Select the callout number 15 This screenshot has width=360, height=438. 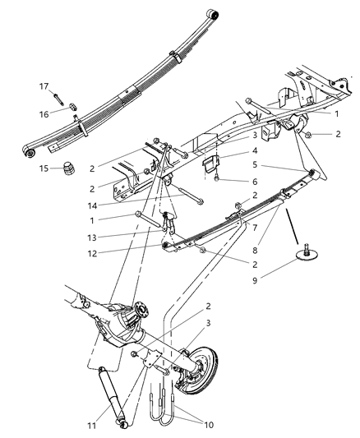click(43, 168)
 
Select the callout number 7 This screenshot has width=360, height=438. click(256, 226)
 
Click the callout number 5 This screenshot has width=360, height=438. click(256, 164)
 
